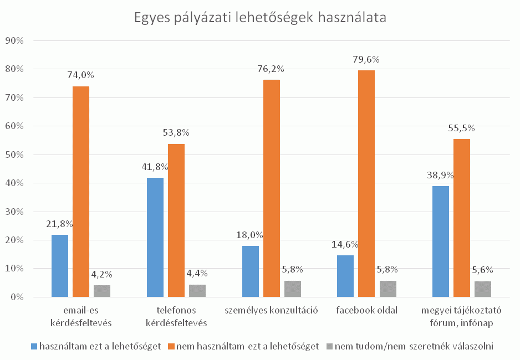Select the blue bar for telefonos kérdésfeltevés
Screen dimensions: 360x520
(155, 238)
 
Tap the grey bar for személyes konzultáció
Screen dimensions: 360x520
(293, 289)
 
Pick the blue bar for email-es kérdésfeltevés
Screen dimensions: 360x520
(60, 266)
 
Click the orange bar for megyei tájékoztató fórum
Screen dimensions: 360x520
(462, 218)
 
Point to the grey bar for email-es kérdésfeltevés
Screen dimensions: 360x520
(102, 291)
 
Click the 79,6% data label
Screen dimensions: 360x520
(366, 60)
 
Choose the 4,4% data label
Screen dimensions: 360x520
(198, 272)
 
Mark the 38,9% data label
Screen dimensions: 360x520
(440, 175)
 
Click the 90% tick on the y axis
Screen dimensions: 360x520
(15, 40)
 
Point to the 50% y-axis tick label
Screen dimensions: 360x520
(15, 155)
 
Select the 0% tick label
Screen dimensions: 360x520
(17, 297)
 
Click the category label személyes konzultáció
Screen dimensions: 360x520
(271, 310)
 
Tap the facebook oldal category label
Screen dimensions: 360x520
(366, 310)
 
